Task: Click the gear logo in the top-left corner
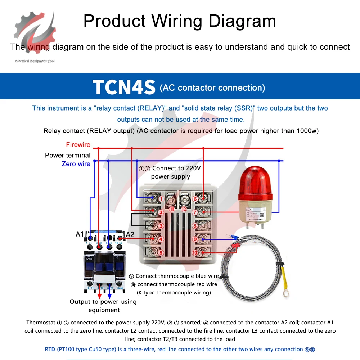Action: (x=35, y=34)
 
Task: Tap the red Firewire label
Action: (x=78, y=145)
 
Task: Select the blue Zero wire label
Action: (x=76, y=164)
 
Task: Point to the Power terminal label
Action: (x=68, y=155)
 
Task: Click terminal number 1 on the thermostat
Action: (x=161, y=198)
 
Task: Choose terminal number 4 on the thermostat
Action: (x=161, y=239)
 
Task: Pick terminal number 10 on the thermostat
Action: (x=195, y=253)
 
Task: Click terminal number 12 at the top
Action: (x=184, y=209)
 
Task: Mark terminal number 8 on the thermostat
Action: (x=195, y=226)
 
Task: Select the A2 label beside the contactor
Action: (x=130, y=234)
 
